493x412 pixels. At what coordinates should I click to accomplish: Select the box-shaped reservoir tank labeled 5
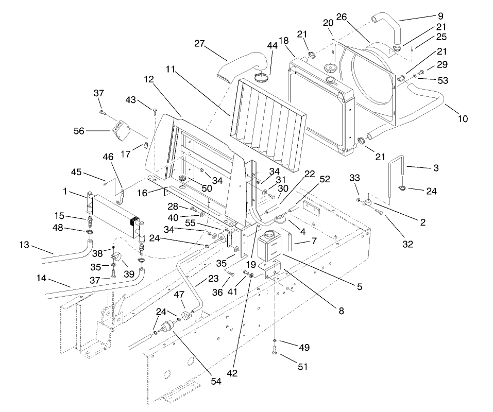269,247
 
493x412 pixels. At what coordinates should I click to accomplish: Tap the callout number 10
463,119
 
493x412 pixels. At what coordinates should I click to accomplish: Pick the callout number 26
341,17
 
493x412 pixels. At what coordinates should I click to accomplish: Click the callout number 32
407,244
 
